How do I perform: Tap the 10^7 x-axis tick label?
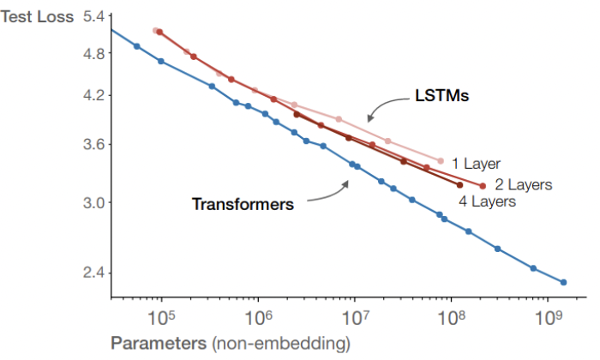(354, 319)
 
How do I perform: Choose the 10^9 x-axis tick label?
(547, 319)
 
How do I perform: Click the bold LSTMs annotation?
(440, 98)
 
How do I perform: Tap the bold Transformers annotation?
(243, 205)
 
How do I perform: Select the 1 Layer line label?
(476, 163)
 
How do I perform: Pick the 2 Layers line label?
(523, 184)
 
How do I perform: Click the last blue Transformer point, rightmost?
(563, 282)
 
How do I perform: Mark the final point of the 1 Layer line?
(441, 160)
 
